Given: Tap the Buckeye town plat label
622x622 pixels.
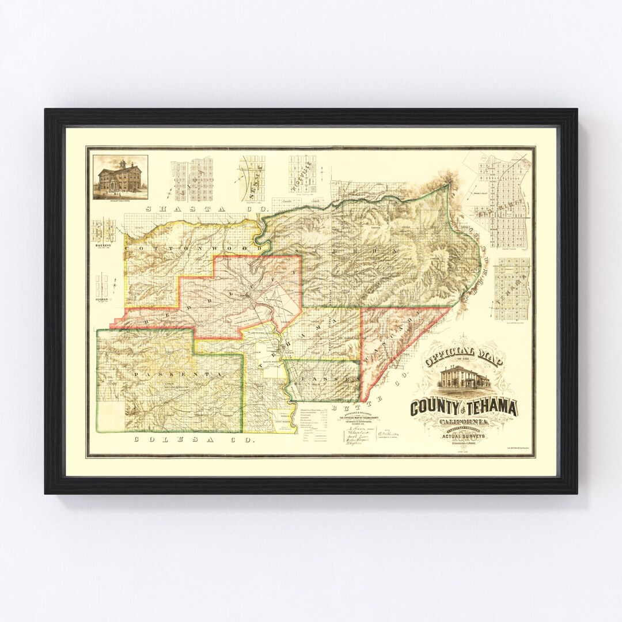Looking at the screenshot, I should point(102,245).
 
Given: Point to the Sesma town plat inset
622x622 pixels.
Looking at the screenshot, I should point(252,176).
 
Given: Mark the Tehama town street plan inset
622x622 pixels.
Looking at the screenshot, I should point(511,288).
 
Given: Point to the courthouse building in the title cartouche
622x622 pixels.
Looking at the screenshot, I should point(464,378).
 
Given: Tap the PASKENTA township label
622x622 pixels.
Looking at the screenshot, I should point(170,374).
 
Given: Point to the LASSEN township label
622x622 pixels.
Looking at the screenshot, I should point(325,380).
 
